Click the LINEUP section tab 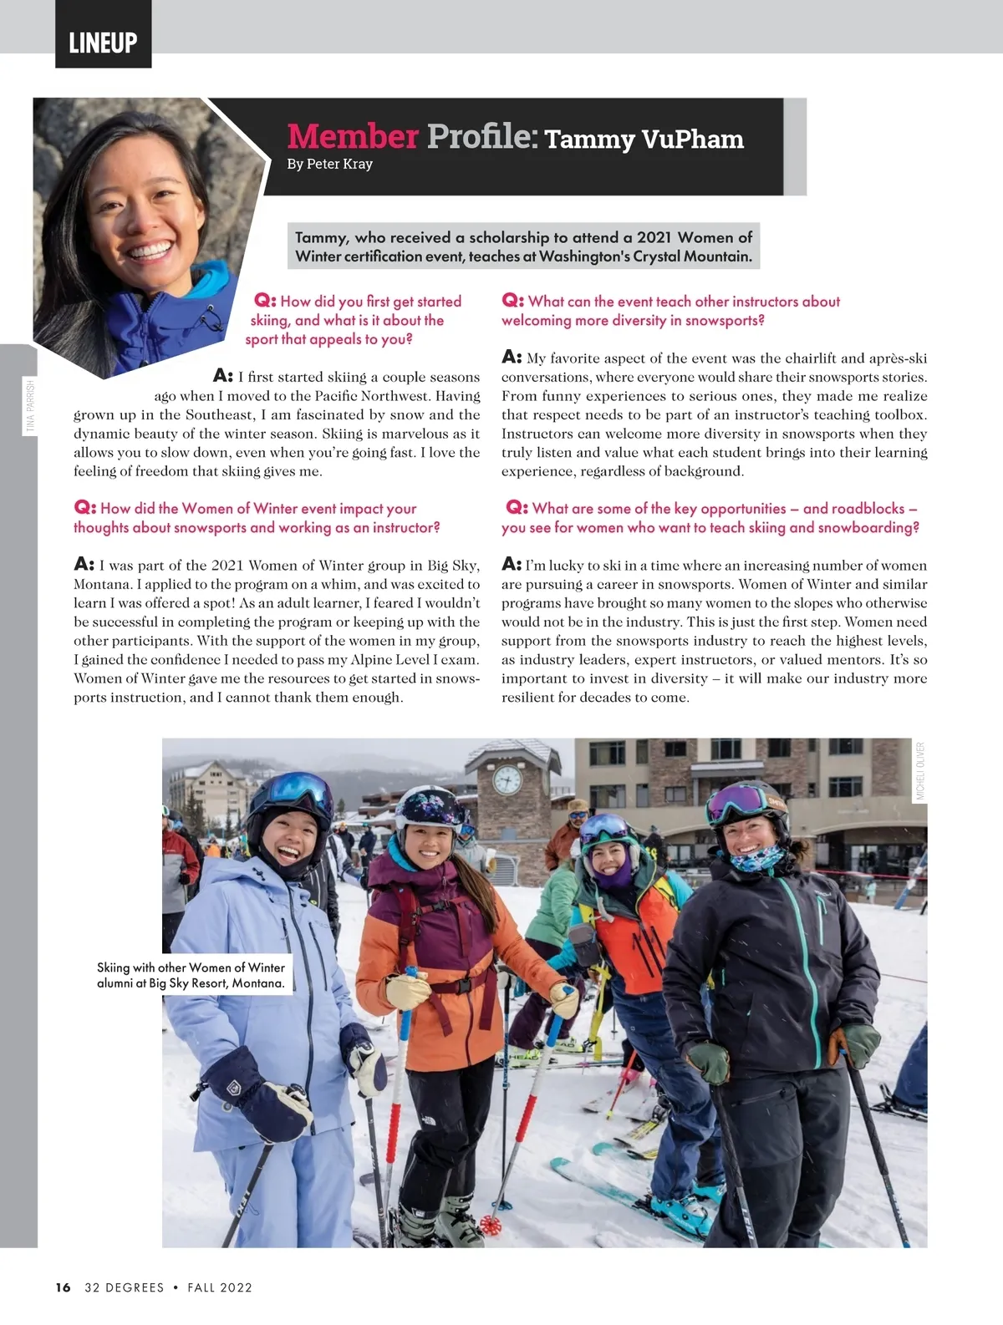tap(103, 42)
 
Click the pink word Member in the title tap(352, 136)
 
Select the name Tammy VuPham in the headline tap(644, 139)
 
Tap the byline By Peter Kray tap(329, 164)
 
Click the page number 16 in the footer tap(64, 1287)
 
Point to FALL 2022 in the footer tap(220, 1287)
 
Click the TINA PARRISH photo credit tap(31, 406)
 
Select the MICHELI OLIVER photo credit tap(920, 771)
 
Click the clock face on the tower tap(507, 779)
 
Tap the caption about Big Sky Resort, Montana tap(191, 975)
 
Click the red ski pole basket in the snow tap(489, 1226)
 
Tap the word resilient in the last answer tap(528, 698)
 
